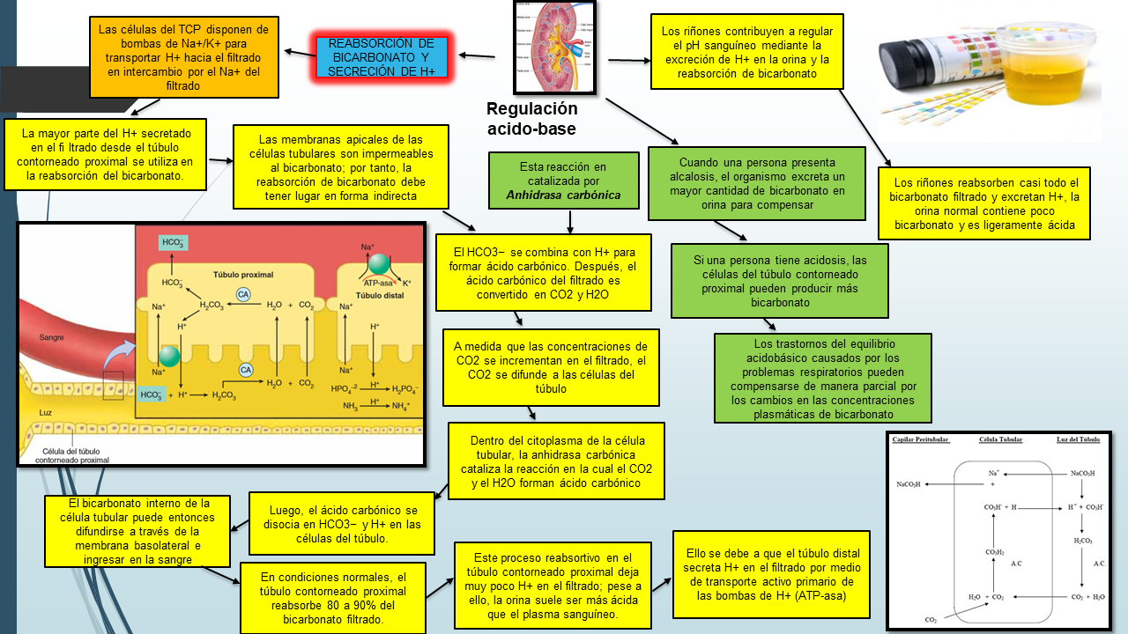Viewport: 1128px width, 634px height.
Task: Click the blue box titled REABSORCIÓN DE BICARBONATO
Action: (x=382, y=58)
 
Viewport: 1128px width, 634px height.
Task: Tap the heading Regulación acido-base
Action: (x=531, y=119)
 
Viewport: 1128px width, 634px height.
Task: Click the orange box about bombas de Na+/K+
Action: (x=184, y=58)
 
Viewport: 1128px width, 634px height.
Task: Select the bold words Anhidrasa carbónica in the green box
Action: (x=563, y=195)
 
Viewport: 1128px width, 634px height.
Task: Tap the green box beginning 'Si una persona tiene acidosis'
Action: (x=779, y=280)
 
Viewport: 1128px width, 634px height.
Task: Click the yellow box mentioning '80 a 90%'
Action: (x=333, y=598)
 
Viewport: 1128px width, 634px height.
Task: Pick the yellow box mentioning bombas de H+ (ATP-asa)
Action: (x=772, y=573)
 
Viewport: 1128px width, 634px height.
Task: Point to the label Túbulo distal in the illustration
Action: (x=379, y=296)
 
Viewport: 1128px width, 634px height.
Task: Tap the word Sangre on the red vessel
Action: (x=51, y=337)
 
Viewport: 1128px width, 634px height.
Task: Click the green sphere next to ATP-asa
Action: (x=379, y=263)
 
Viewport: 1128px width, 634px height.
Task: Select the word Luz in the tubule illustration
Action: (x=45, y=412)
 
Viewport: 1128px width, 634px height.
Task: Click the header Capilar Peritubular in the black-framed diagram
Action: (x=922, y=439)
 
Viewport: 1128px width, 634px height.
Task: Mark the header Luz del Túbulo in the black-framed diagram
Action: (x=1078, y=439)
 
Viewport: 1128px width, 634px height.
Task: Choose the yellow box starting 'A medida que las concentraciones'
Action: (x=550, y=367)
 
